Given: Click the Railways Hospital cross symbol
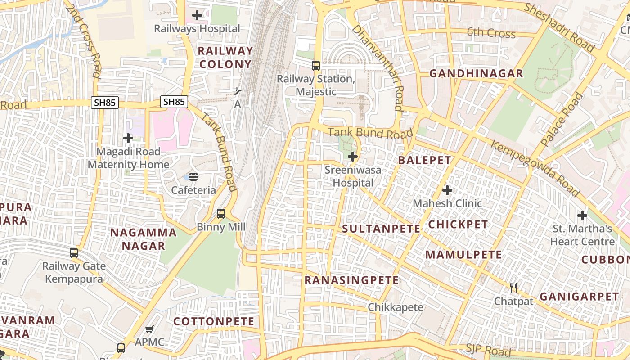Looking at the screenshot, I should pyautogui.click(x=197, y=15).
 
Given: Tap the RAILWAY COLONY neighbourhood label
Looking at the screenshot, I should pyautogui.click(x=225, y=57).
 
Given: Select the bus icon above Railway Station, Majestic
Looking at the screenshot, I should pyautogui.click(x=316, y=66).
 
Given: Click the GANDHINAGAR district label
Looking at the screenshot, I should pyautogui.click(x=476, y=73).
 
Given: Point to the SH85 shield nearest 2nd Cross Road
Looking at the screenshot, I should pyautogui.click(x=105, y=102).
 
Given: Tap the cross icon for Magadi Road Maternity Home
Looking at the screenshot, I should pyautogui.click(x=128, y=138).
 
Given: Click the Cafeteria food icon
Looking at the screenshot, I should pyautogui.click(x=193, y=176).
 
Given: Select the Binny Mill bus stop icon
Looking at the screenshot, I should pyautogui.click(x=221, y=214).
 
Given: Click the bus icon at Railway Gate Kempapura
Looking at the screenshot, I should pyautogui.click(x=74, y=253).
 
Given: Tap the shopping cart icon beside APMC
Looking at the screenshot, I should pyautogui.click(x=149, y=329).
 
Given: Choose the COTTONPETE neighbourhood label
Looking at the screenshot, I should pyautogui.click(x=214, y=321).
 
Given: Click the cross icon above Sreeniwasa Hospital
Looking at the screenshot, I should pyautogui.click(x=353, y=157).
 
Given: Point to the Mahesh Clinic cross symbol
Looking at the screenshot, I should pyautogui.click(x=447, y=190).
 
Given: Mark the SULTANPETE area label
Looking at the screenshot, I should pyautogui.click(x=381, y=229).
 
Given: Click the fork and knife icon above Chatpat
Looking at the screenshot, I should pyautogui.click(x=513, y=288).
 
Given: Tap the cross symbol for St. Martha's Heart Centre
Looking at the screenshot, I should pyautogui.click(x=582, y=216).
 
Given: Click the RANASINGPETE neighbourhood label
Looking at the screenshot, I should pyautogui.click(x=351, y=280).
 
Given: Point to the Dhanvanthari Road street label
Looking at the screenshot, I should pyautogui.click(x=378, y=67).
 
